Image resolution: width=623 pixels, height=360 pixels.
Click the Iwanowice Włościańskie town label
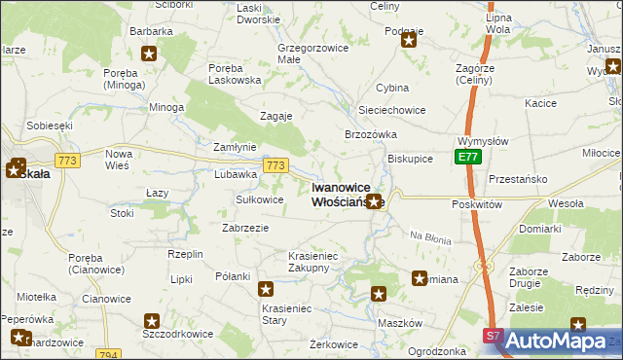(x=348, y=194)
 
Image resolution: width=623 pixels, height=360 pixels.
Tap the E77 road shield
(x=467, y=157)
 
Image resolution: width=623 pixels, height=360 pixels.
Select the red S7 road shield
(x=494, y=335)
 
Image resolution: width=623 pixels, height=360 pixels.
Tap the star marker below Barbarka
(x=149, y=54)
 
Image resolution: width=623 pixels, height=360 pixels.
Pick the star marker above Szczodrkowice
(x=152, y=321)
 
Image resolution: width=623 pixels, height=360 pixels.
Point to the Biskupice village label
(x=410, y=158)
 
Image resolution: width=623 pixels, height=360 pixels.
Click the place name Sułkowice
(x=260, y=199)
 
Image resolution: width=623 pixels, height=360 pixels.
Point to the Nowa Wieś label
(x=118, y=159)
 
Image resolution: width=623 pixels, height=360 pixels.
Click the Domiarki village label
(x=540, y=229)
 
